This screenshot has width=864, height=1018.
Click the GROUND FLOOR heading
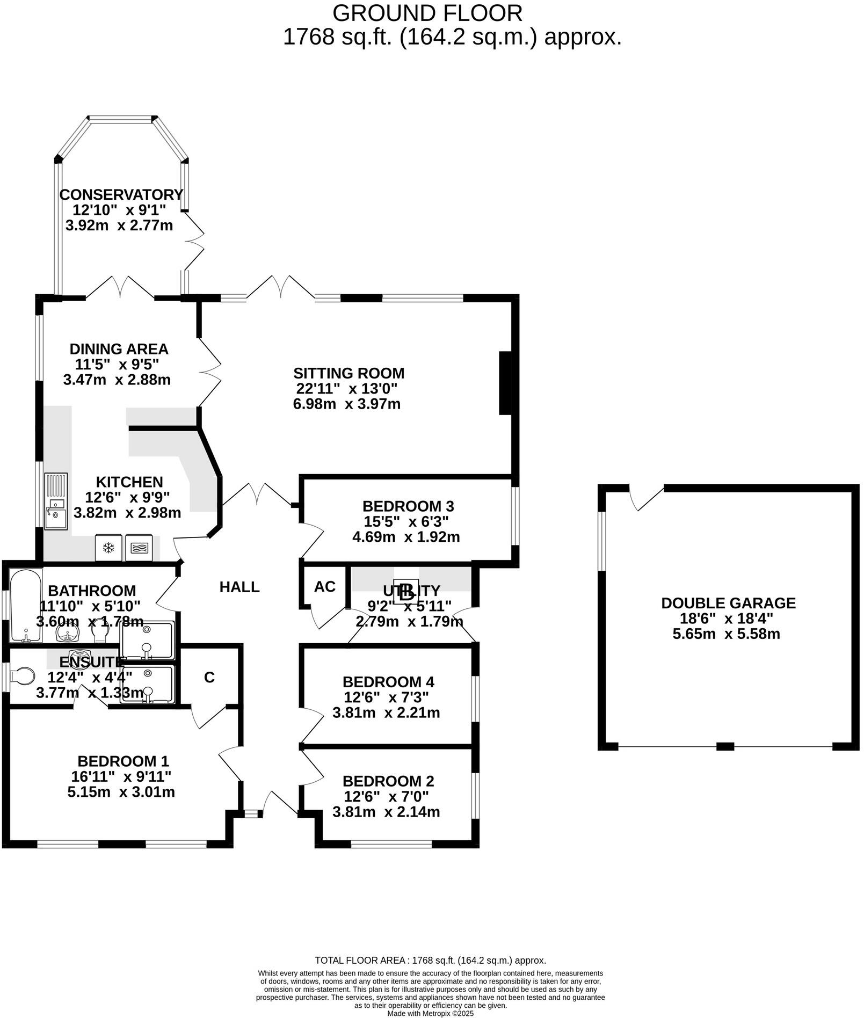point(427,13)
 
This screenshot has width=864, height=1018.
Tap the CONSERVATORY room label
point(121,194)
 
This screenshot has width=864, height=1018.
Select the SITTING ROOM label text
point(348,373)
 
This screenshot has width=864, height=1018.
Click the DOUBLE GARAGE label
point(728,603)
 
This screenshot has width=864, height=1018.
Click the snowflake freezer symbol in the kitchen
point(108,548)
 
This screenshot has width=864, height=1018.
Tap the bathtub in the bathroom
point(25,606)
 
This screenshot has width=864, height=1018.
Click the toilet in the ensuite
point(22,676)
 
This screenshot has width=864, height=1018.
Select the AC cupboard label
point(324,586)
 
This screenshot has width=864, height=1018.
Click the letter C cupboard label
point(209,678)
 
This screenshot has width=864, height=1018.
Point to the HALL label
point(239,587)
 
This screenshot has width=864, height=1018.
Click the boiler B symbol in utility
point(406,592)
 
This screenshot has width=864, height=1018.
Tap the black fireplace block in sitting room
point(505,383)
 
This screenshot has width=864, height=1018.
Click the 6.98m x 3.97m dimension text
point(346,404)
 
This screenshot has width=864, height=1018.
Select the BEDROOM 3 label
point(408,506)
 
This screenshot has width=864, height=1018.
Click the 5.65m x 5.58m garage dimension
point(726,634)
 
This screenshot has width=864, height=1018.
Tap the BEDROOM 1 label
point(123,761)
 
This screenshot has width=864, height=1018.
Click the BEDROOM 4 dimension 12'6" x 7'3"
point(386,697)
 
